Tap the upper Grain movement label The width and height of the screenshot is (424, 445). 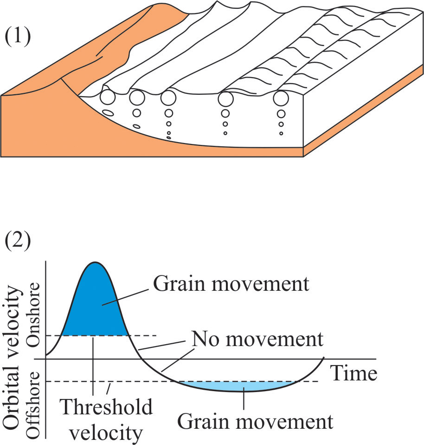[x=231, y=284]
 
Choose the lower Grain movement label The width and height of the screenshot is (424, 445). [x=256, y=422]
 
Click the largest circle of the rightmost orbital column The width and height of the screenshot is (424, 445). [x=280, y=98]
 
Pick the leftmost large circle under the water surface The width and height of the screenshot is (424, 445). [x=108, y=98]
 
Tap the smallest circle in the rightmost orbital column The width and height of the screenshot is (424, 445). [x=281, y=133]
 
